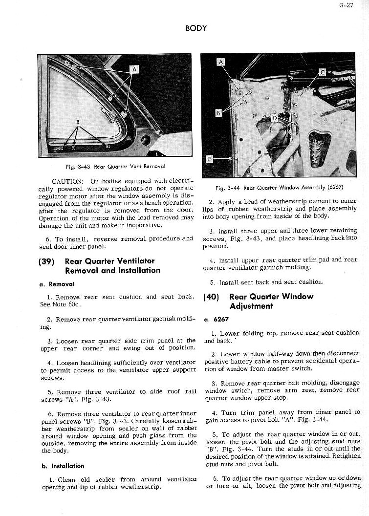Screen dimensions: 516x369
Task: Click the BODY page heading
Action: (196, 28)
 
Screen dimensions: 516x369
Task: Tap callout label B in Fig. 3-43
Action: (78, 122)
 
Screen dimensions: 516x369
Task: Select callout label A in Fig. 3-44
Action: (221, 62)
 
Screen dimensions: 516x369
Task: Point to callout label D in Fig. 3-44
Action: (275, 118)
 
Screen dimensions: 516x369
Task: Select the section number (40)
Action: (211, 297)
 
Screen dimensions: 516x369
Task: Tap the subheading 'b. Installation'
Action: (62, 466)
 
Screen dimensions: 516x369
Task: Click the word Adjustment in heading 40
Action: (251, 306)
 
